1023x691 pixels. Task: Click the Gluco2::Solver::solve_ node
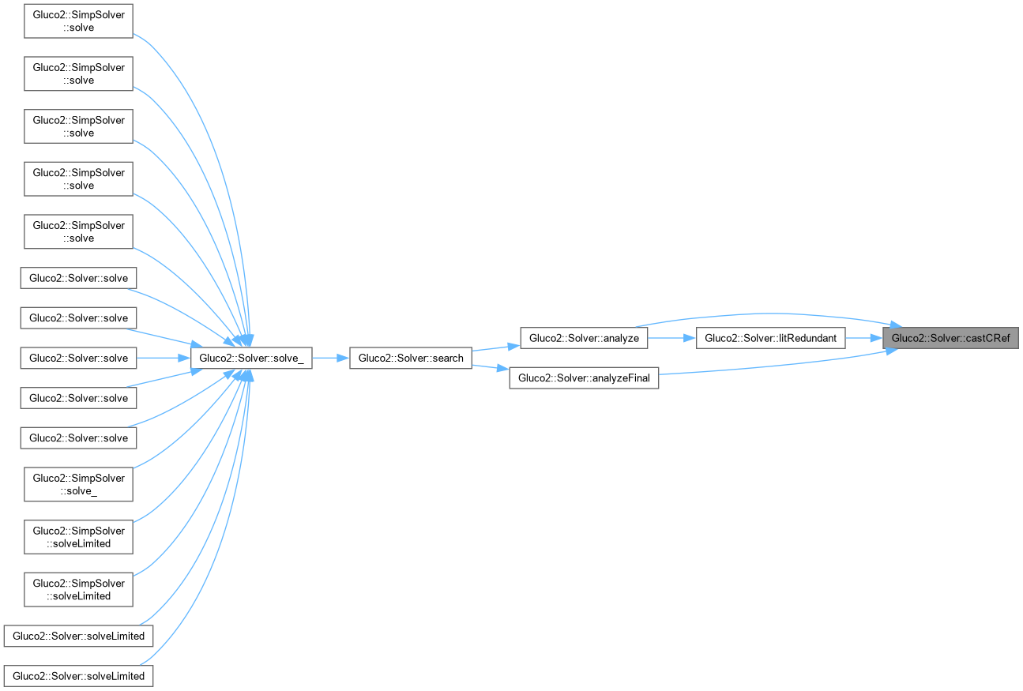251,358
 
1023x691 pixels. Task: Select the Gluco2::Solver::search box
411,358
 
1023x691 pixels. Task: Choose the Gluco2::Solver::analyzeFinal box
584,378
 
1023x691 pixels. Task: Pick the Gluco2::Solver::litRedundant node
770,338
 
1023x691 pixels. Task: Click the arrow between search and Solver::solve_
331,358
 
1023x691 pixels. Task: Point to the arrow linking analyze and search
496,347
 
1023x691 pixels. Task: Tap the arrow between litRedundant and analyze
672,338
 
